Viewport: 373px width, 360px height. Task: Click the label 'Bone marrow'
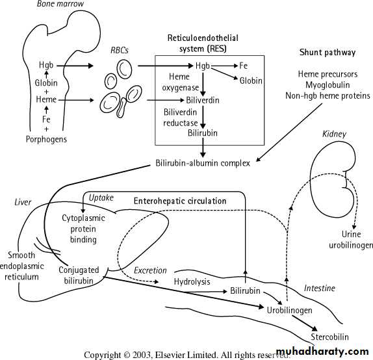(60, 3)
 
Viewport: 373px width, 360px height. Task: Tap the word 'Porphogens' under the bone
(46, 139)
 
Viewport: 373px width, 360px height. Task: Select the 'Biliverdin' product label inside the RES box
(203, 100)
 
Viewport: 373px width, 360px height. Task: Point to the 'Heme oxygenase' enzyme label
(180, 82)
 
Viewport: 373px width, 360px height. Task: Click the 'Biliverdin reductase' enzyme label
(180, 118)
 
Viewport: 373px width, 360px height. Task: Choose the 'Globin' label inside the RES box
(251, 81)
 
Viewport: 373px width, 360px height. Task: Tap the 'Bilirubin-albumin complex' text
(203, 163)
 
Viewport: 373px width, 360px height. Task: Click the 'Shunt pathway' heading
(328, 53)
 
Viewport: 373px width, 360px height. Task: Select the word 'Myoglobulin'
(328, 85)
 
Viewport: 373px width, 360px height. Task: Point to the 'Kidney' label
(334, 134)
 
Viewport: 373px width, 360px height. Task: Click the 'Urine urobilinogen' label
(351, 240)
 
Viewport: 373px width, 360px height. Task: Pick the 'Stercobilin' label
(329, 337)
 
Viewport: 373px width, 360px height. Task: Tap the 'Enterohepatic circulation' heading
(180, 201)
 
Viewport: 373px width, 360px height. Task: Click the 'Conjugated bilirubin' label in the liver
(79, 276)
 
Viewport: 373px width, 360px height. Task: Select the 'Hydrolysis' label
(192, 282)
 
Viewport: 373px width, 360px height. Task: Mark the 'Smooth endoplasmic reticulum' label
(21, 266)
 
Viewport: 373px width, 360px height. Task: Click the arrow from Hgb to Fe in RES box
(225, 66)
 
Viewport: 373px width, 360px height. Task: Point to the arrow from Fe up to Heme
(46, 110)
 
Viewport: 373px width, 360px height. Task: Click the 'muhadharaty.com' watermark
(323, 352)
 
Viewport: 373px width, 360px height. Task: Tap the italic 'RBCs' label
(120, 50)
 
